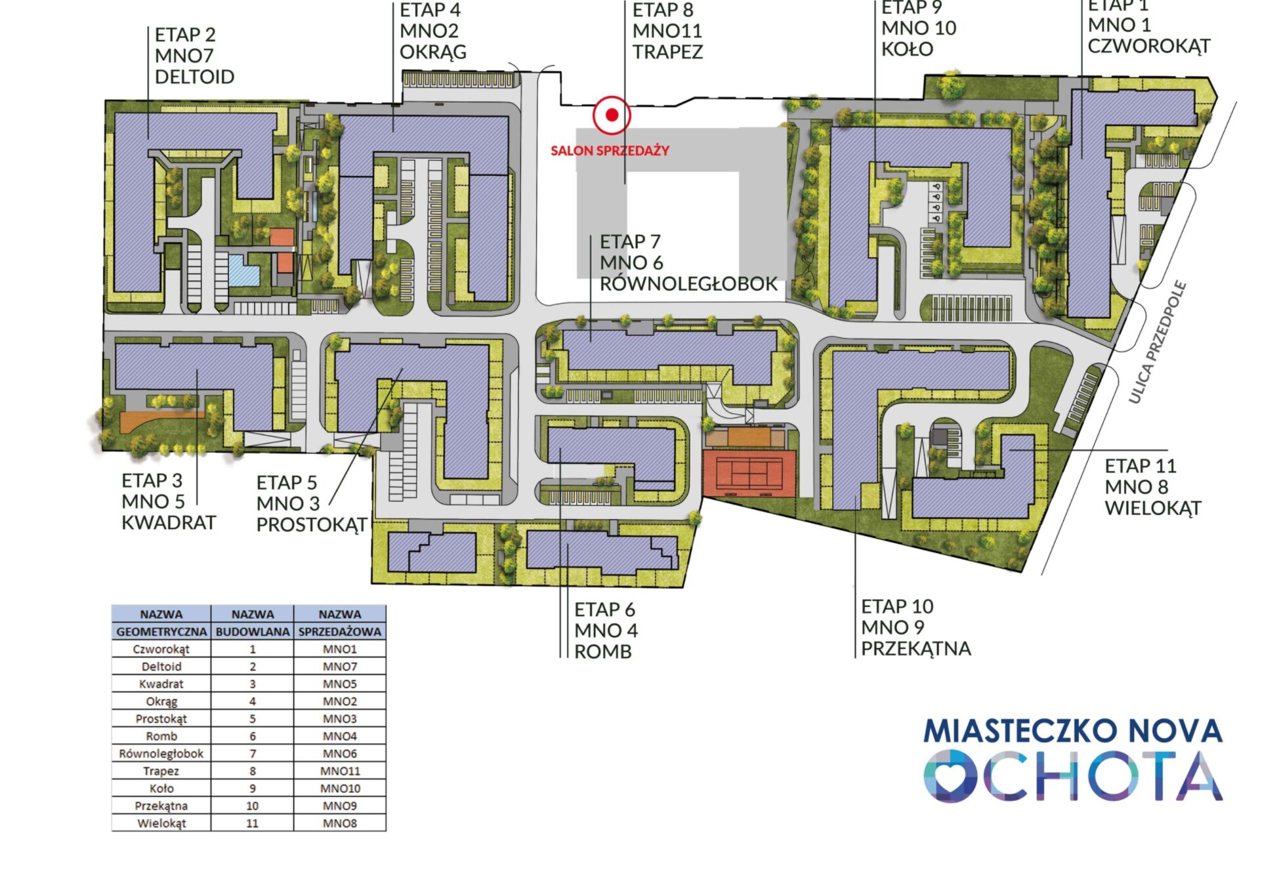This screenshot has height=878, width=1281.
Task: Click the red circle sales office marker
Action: pos(612,115)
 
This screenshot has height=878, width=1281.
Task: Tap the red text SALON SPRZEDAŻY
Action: pos(610,150)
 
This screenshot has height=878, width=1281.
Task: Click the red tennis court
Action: pos(749,473)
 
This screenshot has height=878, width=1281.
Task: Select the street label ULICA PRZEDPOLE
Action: pos(1158,341)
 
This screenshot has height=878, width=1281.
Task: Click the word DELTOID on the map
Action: pos(194,77)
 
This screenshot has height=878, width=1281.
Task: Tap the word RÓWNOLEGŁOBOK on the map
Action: pos(688,283)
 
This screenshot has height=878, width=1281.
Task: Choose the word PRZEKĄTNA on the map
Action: pos(915,648)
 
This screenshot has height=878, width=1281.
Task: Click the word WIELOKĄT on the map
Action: pos(1152,508)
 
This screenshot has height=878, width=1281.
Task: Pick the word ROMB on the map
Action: pos(602,652)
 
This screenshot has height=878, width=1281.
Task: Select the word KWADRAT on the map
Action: pos(169,522)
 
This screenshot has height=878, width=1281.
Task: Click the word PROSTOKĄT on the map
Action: pos(311,525)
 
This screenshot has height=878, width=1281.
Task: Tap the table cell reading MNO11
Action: pos(340,771)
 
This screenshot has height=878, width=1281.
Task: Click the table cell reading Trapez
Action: pos(161,771)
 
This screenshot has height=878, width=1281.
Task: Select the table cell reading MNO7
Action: pos(340,667)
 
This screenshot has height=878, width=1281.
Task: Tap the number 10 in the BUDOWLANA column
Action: pos(252,806)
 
